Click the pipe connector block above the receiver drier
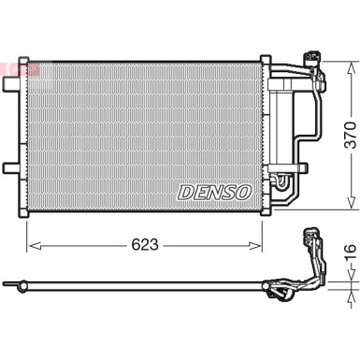[x=310, y=66]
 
